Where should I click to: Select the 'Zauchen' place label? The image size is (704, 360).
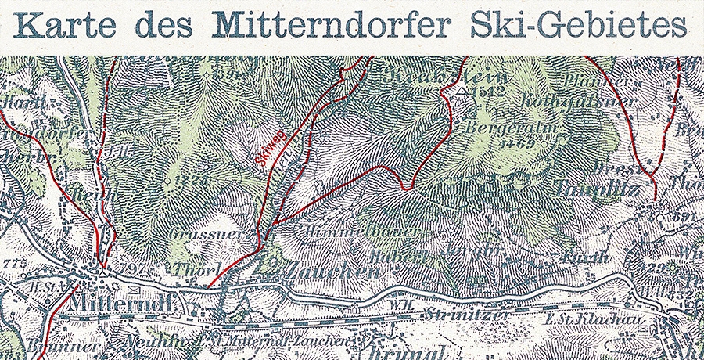(x=332, y=272)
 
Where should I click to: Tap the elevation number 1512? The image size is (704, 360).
(x=490, y=92)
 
